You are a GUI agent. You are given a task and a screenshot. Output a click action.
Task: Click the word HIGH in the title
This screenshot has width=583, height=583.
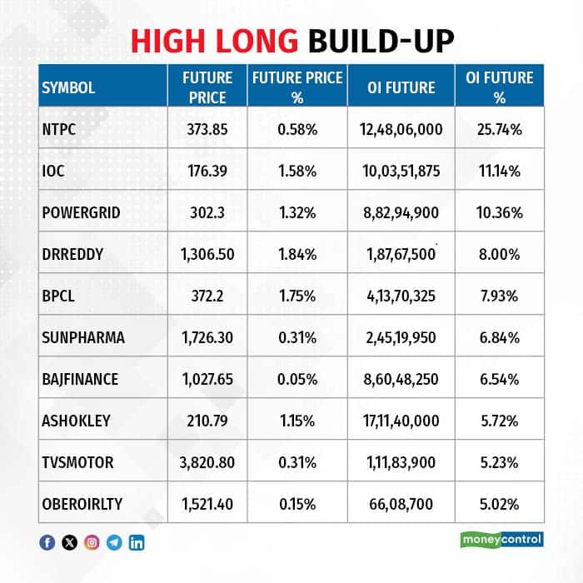(x=168, y=41)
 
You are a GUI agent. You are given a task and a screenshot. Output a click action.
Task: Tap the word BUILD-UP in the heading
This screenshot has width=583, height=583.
(x=381, y=41)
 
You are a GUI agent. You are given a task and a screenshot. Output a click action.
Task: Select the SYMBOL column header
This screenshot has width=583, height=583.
(x=68, y=87)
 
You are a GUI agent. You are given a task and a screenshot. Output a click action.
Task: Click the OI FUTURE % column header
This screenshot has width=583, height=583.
(x=500, y=87)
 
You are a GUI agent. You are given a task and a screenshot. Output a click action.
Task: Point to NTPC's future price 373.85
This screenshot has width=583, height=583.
(x=207, y=129)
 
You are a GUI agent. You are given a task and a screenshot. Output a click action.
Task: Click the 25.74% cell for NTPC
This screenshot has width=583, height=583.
(x=500, y=129)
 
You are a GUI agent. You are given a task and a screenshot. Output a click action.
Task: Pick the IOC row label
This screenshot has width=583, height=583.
(x=53, y=171)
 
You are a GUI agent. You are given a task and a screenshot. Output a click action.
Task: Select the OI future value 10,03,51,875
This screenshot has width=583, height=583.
(x=401, y=171)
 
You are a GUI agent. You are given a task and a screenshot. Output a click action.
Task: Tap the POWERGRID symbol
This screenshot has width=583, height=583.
(x=81, y=212)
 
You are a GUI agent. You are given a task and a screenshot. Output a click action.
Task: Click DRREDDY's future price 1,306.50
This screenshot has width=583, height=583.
(x=207, y=254)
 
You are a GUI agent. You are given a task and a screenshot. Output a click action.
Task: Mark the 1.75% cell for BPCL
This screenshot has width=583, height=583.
(x=297, y=296)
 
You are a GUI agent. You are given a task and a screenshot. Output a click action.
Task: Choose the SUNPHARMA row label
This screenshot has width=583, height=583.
(x=83, y=337)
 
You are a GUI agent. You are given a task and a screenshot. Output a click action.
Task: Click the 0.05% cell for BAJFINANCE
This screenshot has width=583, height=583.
(x=297, y=379)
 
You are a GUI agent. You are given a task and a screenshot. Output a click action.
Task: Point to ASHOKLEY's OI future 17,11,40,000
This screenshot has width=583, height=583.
(x=401, y=421)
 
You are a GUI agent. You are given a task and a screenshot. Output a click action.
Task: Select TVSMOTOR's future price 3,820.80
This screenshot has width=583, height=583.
(x=207, y=462)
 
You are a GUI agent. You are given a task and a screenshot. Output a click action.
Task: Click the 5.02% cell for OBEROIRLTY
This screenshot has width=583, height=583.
(x=500, y=504)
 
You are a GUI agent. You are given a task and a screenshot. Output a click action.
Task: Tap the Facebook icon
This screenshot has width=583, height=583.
(x=47, y=543)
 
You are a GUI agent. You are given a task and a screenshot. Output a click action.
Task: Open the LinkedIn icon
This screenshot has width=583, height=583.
(x=137, y=543)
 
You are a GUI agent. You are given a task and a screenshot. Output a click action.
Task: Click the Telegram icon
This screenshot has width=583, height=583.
(x=114, y=543)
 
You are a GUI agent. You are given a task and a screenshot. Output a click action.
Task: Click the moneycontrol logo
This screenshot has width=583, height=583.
(x=502, y=540)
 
